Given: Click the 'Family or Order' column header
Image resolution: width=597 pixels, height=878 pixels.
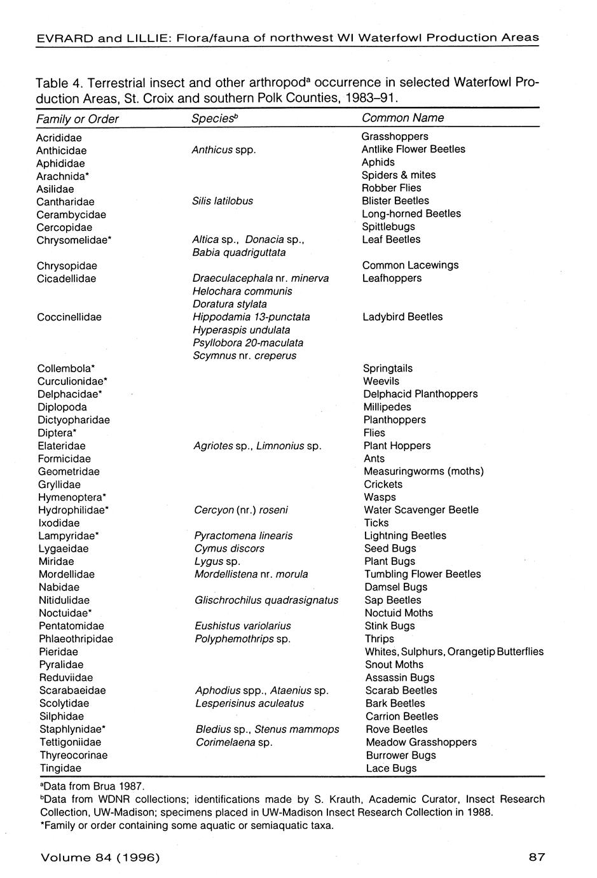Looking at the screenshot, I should click(78, 119).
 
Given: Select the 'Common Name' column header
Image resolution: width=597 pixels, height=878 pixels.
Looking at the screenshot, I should click(402, 118).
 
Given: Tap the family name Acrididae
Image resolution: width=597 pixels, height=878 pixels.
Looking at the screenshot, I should click(59, 137).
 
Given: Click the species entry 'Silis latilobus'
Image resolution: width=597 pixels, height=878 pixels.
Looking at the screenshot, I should click(223, 201).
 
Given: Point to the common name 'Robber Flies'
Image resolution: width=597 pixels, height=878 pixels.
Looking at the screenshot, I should click(391, 188).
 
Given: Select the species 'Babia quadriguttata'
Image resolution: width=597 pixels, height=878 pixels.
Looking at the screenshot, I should click(239, 253).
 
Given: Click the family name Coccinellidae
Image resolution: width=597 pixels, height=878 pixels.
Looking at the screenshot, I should click(69, 317).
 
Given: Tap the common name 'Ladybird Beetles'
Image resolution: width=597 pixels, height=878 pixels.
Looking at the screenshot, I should click(402, 317).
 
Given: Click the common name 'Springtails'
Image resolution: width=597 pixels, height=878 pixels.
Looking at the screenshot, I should click(388, 368).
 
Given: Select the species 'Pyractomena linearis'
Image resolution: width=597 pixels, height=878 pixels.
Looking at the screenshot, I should click(244, 536).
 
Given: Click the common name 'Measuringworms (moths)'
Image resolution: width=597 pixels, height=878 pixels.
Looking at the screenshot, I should click(423, 471).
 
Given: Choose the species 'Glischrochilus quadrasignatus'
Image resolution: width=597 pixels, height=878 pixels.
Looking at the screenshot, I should click(266, 600).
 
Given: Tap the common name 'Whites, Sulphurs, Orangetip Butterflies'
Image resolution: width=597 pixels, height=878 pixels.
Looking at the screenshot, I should click(454, 652).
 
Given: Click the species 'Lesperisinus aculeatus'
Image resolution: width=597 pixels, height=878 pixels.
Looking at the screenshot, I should click(249, 703).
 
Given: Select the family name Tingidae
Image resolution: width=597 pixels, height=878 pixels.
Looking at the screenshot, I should click(60, 768).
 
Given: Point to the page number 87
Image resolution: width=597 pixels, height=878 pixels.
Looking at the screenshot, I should click(537, 857).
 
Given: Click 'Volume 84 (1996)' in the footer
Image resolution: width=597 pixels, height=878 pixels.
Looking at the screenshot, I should click(100, 857).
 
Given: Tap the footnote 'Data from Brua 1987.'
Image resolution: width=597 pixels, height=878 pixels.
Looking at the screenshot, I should click(92, 786).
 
